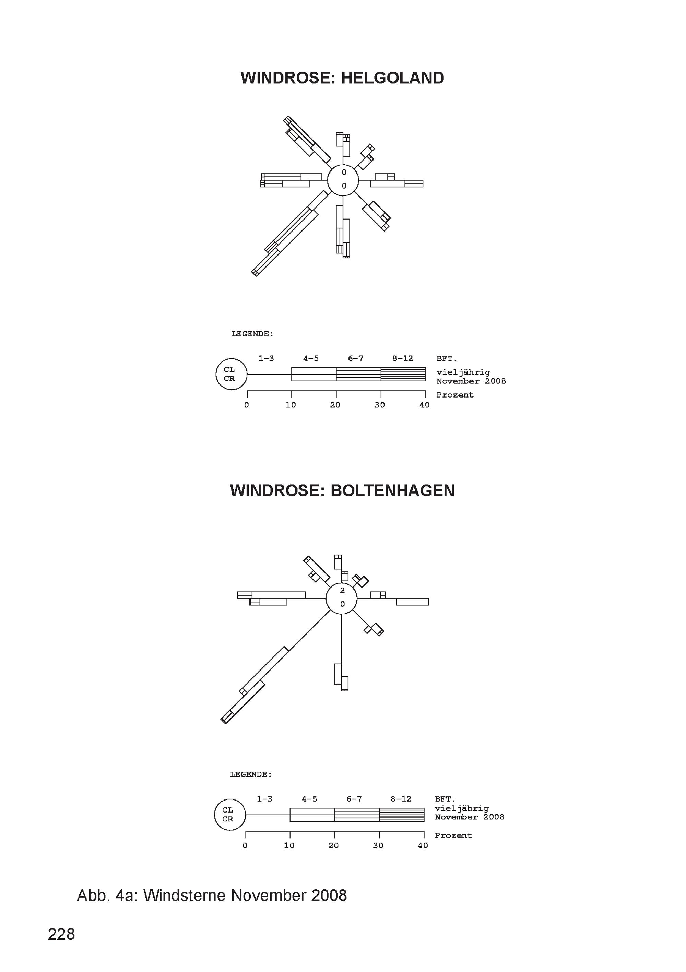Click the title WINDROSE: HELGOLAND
(x=342, y=78)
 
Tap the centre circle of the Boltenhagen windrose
(x=326, y=598)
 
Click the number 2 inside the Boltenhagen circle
(x=342, y=590)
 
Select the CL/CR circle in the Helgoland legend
(x=216, y=374)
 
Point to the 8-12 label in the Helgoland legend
(x=402, y=358)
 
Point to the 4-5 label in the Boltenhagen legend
(x=309, y=799)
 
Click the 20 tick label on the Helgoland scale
(x=335, y=405)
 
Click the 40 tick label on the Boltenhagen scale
(x=423, y=845)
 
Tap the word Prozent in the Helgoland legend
(x=455, y=395)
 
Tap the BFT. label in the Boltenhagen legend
(x=445, y=799)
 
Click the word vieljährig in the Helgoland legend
(x=463, y=372)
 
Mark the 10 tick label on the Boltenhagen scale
(x=289, y=845)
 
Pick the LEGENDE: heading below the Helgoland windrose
(x=252, y=334)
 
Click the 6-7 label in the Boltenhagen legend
(x=354, y=799)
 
